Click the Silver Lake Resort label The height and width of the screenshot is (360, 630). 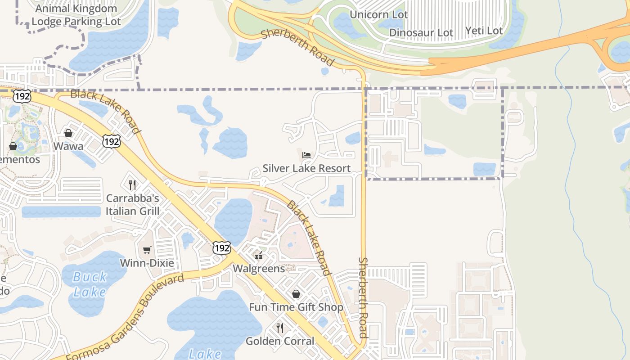306,168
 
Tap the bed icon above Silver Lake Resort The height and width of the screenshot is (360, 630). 306,155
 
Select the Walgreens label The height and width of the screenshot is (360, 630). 259,269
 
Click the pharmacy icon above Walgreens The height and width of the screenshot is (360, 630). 259,256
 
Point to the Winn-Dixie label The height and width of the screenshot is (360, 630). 147,263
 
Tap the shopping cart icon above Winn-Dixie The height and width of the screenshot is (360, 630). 147,250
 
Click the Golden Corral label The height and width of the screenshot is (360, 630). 280,341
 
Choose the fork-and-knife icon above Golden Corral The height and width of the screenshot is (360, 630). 280,328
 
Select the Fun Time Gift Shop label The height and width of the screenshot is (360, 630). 296,307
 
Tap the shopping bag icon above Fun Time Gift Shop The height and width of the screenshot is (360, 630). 296,294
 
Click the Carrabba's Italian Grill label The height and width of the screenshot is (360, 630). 132,204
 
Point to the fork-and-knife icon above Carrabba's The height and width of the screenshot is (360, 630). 132,184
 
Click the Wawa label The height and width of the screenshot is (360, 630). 68,146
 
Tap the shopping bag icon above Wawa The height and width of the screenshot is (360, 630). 68,133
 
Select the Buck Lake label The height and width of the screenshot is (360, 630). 90,284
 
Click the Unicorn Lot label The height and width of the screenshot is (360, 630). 378,14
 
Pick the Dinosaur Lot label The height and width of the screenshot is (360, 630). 421,32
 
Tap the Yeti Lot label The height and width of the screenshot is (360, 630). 484,31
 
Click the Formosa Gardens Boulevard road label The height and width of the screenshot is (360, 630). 125,317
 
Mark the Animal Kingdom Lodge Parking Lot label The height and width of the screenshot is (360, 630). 76,15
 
